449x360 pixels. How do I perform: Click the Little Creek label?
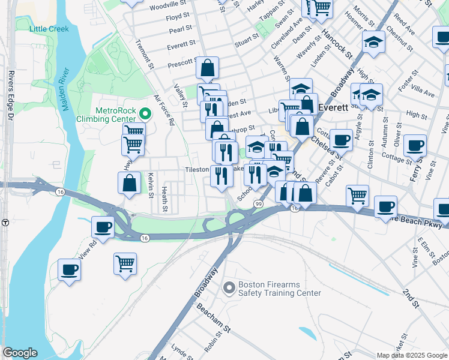coord(49,29)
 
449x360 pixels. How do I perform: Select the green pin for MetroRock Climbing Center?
coord(145,113)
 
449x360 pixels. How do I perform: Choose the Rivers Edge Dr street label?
coord(11,97)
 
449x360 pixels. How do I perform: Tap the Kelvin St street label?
coord(150,186)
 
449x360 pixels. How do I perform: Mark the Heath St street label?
coord(164,199)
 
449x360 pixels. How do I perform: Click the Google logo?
coord(19,353)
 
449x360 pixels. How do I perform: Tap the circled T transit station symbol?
coord(5,222)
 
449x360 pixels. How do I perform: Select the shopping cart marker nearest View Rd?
coord(125,263)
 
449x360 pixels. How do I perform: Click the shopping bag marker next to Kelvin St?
coord(130,182)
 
